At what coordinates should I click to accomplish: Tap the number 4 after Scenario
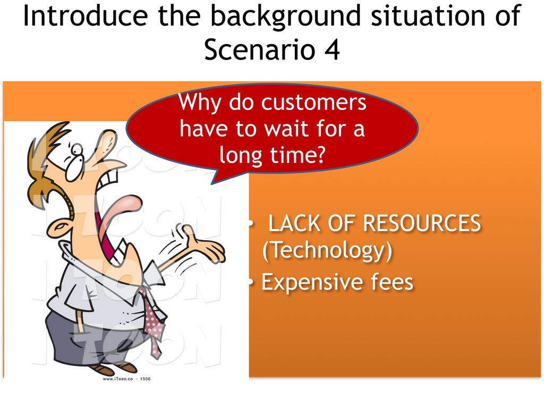pyautogui.click(x=333, y=49)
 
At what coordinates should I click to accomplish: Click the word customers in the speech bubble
pyautogui.click(x=313, y=103)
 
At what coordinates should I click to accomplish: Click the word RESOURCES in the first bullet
pyautogui.click(x=421, y=223)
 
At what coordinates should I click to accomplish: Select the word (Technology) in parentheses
pyautogui.click(x=327, y=251)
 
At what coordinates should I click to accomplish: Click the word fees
pyautogui.click(x=392, y=282)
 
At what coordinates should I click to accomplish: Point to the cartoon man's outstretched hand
pyautogui.click(x=203, y=244)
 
